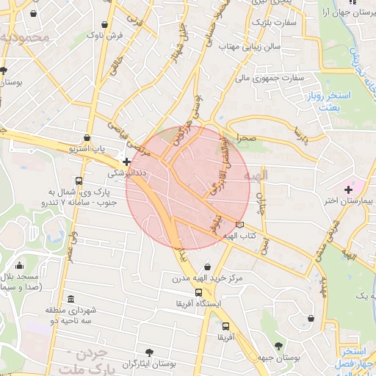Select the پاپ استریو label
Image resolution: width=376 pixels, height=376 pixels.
[x=87, y=149]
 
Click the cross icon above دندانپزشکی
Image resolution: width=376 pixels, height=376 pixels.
[x=127, y=162]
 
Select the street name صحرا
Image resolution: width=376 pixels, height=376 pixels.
[x=246, y=137]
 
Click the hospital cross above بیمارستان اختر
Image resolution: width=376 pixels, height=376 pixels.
[x=348, y=189]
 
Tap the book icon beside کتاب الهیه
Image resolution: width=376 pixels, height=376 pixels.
[x=240, y=225]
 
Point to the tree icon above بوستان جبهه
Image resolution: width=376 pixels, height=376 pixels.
[x=278, y=345]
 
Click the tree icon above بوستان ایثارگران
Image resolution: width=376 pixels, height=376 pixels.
[x=151, y=352]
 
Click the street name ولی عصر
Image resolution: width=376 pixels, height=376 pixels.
[x=73, y=242]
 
